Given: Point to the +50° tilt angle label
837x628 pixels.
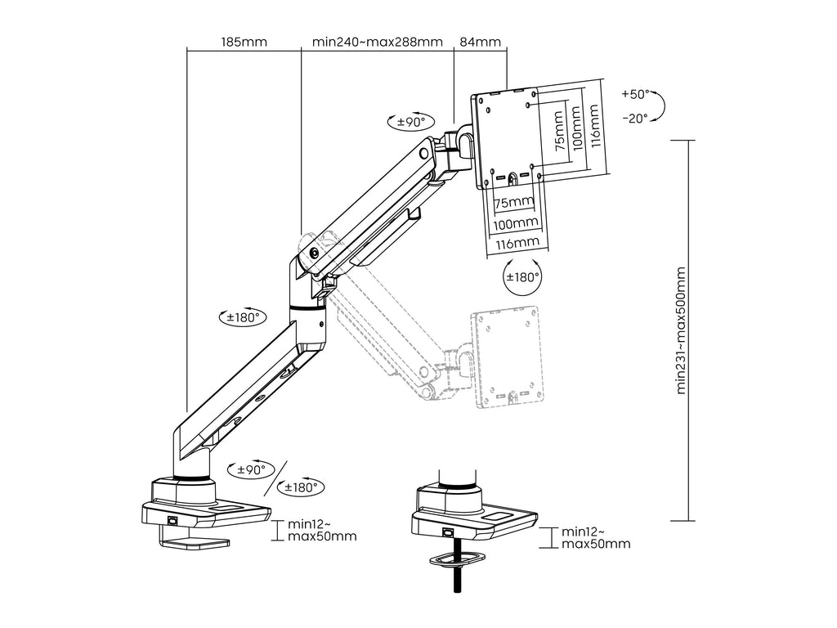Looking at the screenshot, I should click(634, 94).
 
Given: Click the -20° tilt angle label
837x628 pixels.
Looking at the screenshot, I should click(634, 118).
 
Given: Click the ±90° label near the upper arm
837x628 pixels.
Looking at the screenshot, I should click(406, 122).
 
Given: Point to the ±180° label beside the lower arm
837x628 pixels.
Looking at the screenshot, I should click(241, 316).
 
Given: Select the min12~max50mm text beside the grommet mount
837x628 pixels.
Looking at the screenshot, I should click(596, 537).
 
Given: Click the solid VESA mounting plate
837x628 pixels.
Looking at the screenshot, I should click(508, 137).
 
